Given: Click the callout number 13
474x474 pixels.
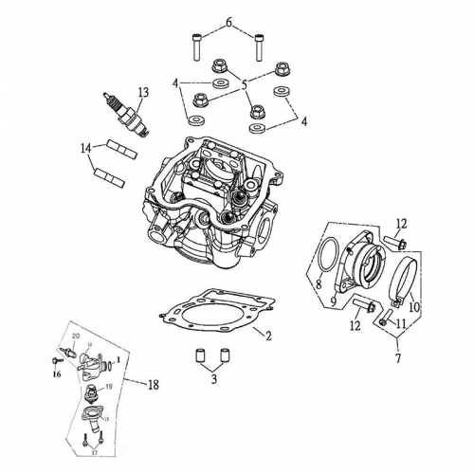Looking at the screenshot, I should point(143,92).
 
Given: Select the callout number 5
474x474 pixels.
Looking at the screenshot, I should point(244,84).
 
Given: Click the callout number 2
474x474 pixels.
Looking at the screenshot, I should point(268,337).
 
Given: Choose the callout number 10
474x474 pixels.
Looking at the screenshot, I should point(412,306).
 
